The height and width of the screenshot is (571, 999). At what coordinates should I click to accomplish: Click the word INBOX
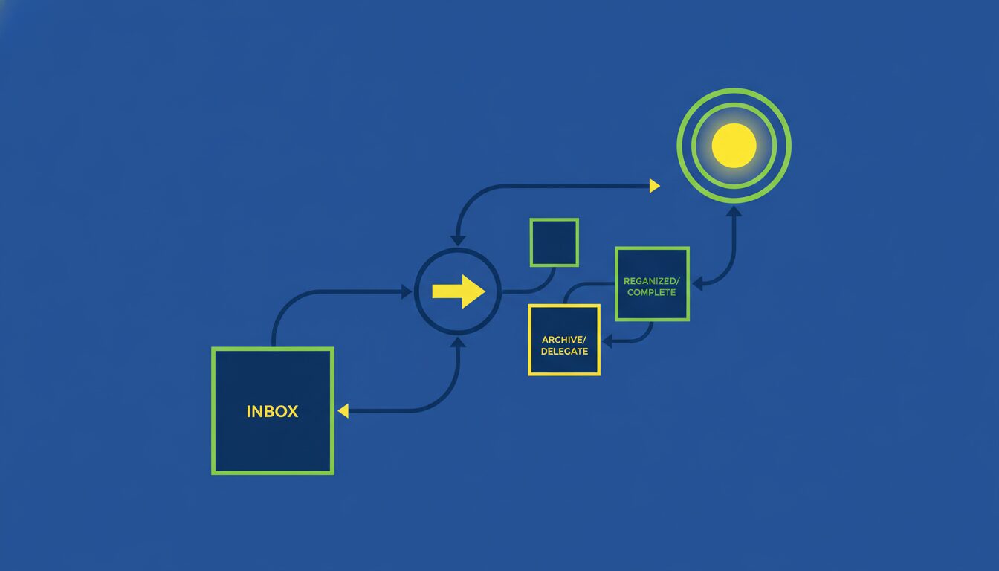click(272, 411)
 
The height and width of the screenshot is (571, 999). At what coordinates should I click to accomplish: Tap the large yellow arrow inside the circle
click(459, 291)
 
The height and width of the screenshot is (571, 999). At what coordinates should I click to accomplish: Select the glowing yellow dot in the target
click(734, 146)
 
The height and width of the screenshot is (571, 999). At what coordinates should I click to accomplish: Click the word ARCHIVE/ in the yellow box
click(563, 340)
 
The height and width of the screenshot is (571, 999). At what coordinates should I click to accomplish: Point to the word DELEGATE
click(564, 351)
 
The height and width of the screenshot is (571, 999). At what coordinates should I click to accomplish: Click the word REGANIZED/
click(652, 281)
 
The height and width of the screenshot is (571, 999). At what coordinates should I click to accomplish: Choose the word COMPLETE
click(652, 292)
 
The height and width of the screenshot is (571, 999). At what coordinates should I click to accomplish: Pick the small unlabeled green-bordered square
click(554, 242)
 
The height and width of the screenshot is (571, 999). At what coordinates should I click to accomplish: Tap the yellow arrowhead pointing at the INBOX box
click(343, 411)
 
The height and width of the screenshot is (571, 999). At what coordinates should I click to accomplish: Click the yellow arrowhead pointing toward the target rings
click(654, 186)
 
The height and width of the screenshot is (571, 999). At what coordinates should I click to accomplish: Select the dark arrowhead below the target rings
click(734, 211)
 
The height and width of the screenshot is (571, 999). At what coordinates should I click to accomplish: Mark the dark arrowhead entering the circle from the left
click(407, 291)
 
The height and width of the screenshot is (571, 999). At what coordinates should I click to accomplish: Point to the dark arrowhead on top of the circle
click(458, 240)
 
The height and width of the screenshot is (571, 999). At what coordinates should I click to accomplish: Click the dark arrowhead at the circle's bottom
click(458, 342)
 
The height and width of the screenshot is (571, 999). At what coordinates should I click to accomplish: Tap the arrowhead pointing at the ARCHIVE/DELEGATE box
click(607, 342)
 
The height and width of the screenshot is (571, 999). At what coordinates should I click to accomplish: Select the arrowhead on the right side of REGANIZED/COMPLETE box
click(697, 283)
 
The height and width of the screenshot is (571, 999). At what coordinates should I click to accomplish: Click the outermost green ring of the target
click(734, 90)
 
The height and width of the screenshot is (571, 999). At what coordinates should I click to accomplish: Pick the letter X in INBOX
click(291, 411)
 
